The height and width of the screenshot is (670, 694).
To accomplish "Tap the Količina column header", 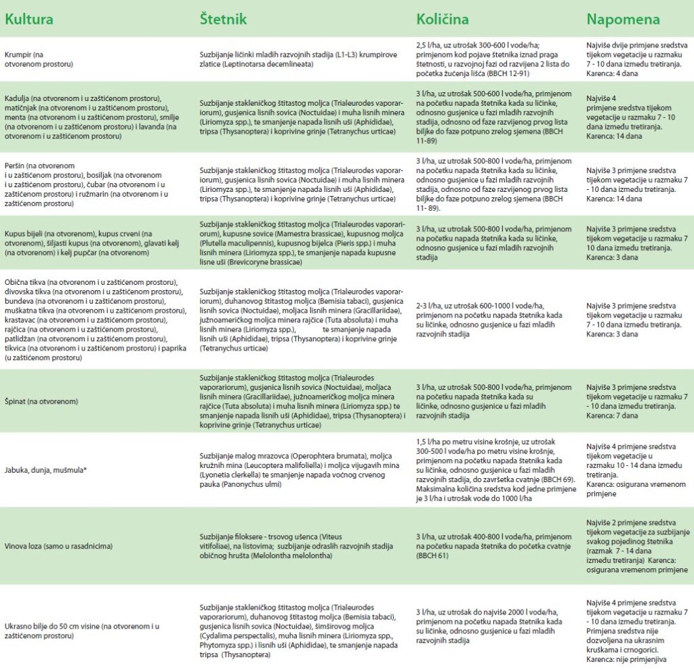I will coord(442,18).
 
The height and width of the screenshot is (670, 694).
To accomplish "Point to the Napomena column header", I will coord(623,18).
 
